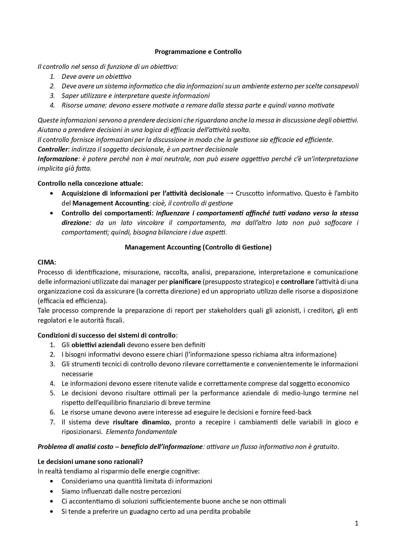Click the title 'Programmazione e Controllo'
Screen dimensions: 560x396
[x=198, y=52]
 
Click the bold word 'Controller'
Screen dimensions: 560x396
[x=53, y=149]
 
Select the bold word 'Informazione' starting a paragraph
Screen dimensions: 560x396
[x=58, y=159]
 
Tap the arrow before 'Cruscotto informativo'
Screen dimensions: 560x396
[x=229, y=193]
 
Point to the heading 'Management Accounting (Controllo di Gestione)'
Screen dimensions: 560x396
[x=198, y=247]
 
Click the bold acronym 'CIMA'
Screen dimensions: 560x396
[x=46, y=262]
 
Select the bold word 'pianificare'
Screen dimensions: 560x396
[x=185, y=282]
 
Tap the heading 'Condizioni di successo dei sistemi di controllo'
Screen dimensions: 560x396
[x=107, y=335]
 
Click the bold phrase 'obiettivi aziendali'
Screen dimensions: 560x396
[x=98, y=345]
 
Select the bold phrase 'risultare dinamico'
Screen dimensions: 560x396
[x=141, y=422]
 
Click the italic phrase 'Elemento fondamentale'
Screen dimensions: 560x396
[x=141, y=432]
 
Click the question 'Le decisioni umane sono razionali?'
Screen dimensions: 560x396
[x=90, y=462]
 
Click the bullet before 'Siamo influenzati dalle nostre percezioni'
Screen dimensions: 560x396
[x=52, y=491]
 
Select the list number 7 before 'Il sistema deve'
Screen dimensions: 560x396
[x=52, y=422]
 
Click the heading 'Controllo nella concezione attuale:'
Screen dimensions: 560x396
[x=90, y=183]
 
